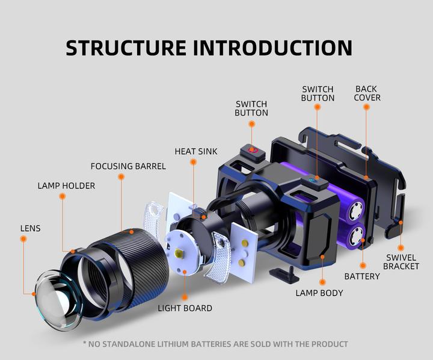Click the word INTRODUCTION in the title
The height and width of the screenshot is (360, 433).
tap(273, 48)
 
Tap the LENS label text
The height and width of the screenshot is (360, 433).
tap(31, 228)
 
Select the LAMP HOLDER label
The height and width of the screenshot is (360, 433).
tap(66, 185)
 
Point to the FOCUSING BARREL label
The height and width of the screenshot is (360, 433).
tap(128, 166)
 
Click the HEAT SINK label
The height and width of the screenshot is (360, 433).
tap(196, 151)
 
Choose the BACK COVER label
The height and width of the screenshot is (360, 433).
tap(367, 93)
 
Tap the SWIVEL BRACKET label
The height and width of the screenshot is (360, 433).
tap(401, 262)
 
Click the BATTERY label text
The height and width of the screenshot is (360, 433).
tap(361, 276)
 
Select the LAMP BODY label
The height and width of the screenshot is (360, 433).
tap(319, 293)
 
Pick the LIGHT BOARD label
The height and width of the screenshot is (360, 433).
tap(185, 308)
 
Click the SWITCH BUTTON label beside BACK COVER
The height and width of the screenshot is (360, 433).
tap(318, 93)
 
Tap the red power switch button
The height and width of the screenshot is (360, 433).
tap(253, 148)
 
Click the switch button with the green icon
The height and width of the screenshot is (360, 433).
tap(313, 179)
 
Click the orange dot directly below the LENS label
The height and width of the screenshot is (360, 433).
tap(23, 239)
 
